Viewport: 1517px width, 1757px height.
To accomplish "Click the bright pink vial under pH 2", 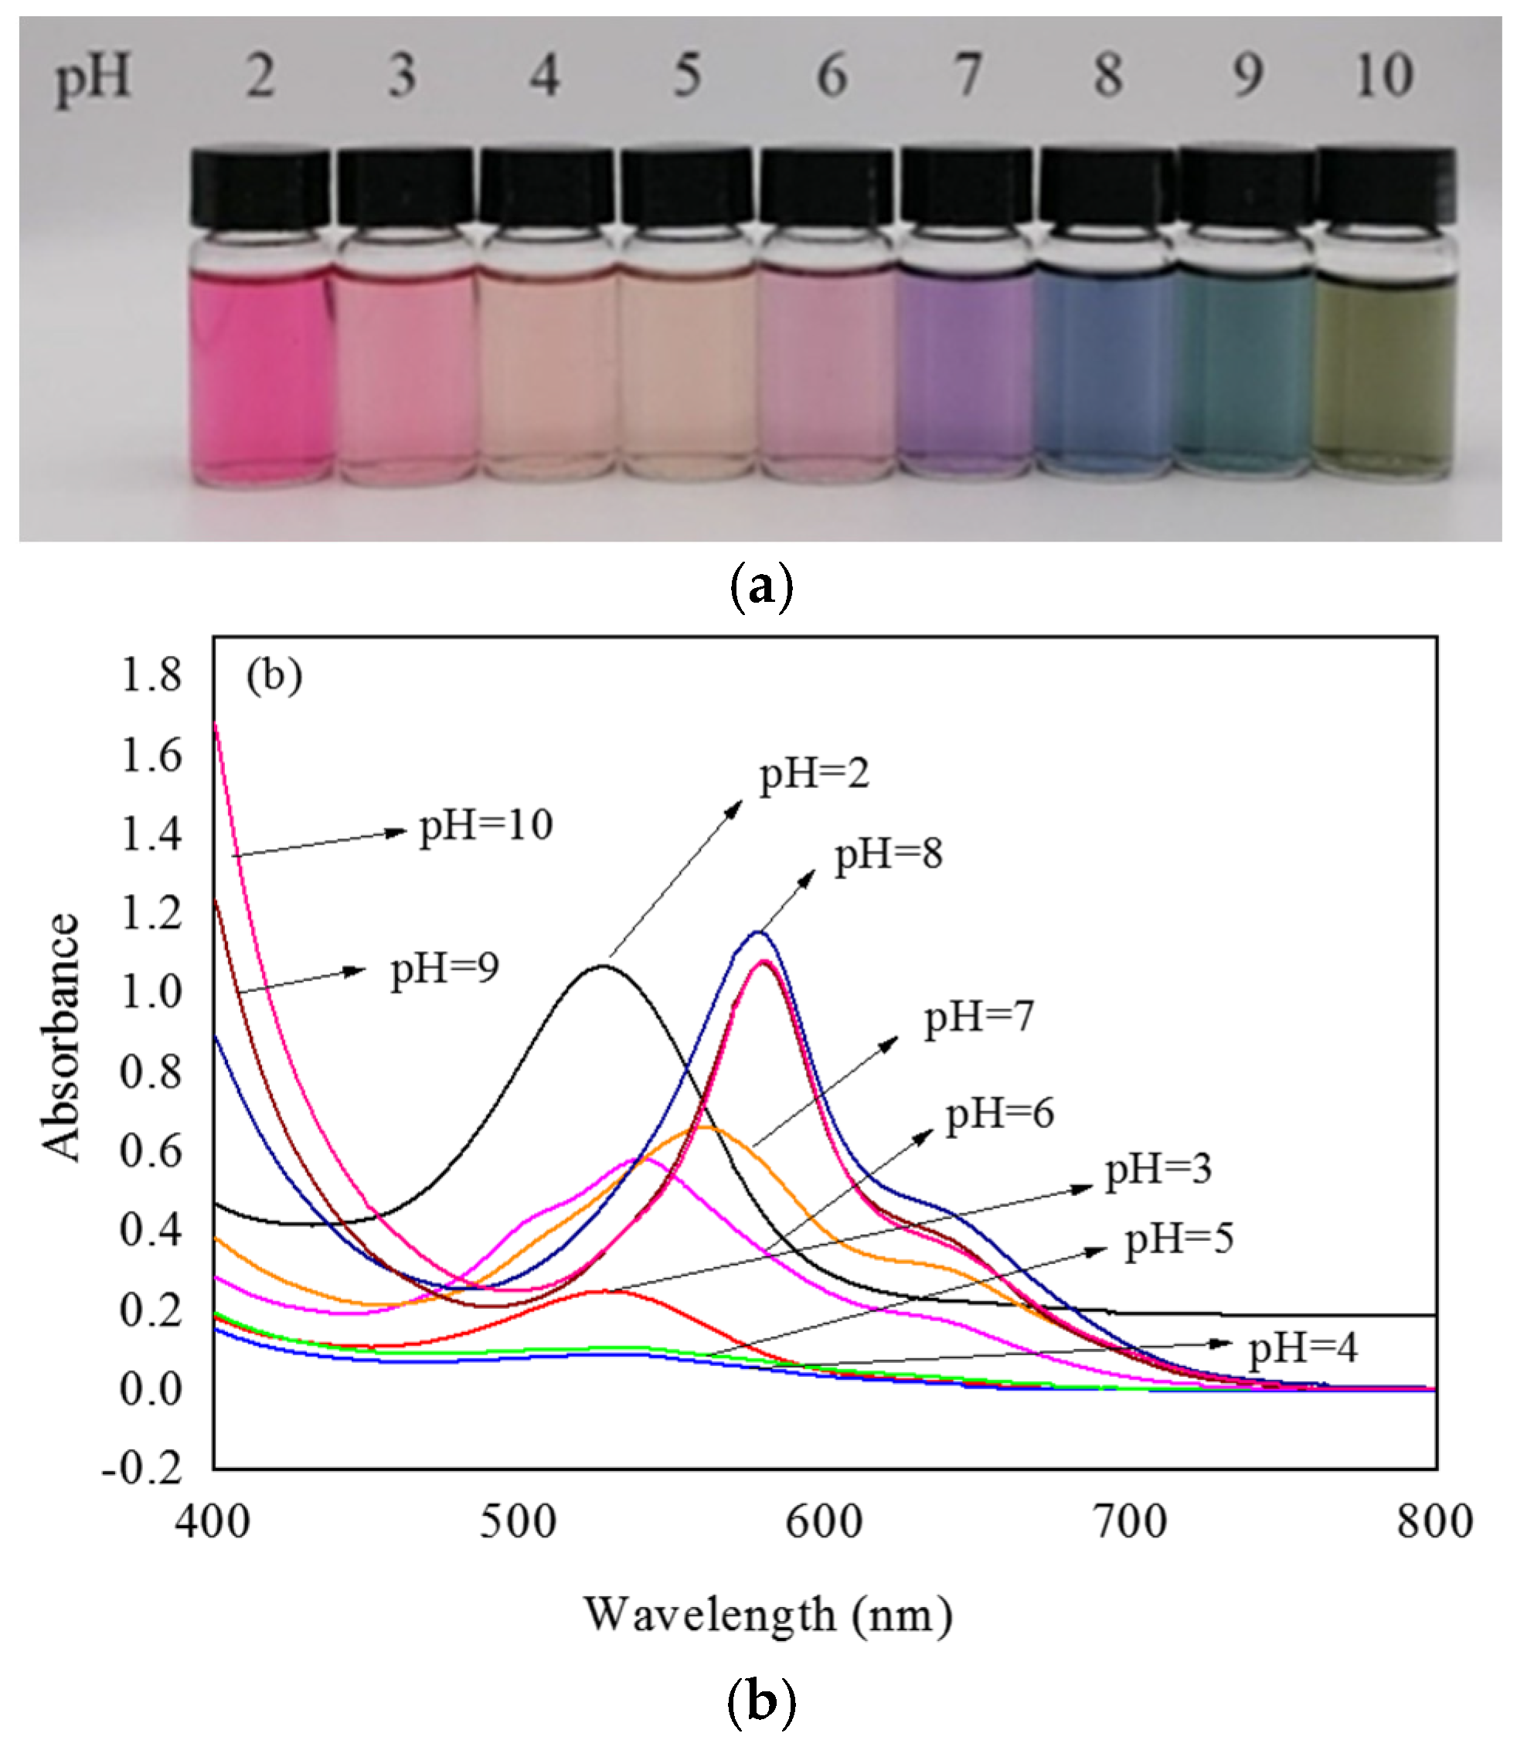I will coord(260,373).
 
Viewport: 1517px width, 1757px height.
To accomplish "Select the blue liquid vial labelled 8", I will coord(1106,373).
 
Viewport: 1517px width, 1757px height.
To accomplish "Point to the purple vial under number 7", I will coord(966,373).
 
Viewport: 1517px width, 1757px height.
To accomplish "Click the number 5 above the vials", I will coord(687,76).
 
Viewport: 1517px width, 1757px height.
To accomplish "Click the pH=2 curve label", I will coord(813,773).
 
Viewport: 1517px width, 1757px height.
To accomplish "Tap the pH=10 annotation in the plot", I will coord(486,824).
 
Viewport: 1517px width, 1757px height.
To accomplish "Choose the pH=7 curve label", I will coord(978,1016).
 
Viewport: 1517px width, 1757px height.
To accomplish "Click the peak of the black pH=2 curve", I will coord(603,966).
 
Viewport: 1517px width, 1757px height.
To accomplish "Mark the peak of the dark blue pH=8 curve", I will coord(757,933).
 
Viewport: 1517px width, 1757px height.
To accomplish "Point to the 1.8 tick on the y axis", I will coord(151,676).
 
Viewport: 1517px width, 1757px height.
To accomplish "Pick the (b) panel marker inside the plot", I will coord(274,676).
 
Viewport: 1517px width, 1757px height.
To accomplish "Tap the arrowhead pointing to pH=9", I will coord(356,971).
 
